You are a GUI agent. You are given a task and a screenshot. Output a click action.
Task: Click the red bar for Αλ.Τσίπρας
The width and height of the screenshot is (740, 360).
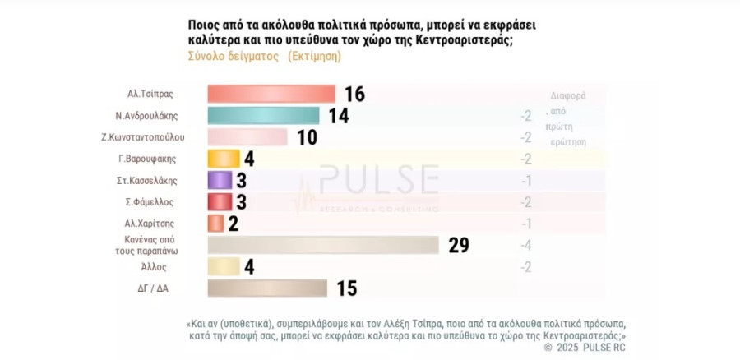(271, 94)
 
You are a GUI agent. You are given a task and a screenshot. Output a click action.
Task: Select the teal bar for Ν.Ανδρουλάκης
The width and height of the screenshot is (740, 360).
(263, 115)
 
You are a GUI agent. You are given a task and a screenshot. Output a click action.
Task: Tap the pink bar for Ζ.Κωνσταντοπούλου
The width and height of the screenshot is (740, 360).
(247, 136)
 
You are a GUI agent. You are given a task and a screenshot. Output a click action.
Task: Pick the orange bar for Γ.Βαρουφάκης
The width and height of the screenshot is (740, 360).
(223, 159)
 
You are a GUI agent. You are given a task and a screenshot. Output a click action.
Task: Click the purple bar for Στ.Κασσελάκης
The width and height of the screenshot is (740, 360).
(220, 180)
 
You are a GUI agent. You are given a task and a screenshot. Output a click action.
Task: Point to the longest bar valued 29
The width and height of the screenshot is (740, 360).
(323, 245)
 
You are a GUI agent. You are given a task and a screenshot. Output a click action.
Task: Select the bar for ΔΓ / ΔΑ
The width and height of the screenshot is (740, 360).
(267, 288)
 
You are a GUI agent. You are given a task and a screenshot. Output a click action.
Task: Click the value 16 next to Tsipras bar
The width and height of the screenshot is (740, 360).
(354, 94)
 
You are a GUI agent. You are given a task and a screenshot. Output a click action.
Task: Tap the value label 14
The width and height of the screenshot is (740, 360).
(338, 115)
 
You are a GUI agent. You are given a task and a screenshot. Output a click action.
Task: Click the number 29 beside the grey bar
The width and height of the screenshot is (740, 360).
(459, 245)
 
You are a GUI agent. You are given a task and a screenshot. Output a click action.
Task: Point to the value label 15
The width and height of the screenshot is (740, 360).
(346, 288)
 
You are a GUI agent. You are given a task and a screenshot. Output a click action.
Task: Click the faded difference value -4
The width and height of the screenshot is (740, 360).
(525, 245)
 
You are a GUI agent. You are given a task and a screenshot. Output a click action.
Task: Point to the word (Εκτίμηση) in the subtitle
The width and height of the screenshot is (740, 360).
(313, 57)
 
